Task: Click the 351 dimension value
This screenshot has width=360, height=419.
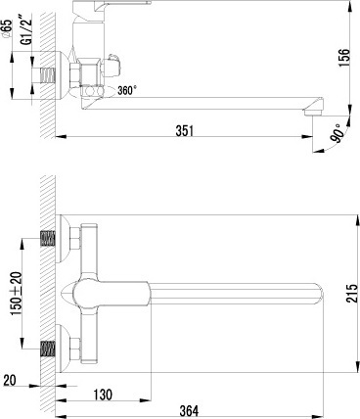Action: pos(185,131)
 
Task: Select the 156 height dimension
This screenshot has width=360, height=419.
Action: pos(343,58)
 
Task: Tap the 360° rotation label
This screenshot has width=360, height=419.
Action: pos(126,90)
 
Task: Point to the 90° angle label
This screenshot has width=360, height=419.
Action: pos(337,133)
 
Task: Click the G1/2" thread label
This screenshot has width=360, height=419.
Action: pos(28,29)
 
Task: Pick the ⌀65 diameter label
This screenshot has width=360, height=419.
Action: pos(8,29)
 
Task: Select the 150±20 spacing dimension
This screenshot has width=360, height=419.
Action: pos(17,293)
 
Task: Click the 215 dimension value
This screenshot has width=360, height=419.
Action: pos(352,293)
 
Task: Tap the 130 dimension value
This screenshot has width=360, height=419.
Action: pos(103,395)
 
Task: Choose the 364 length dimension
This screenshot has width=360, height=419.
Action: pos(189,410)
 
